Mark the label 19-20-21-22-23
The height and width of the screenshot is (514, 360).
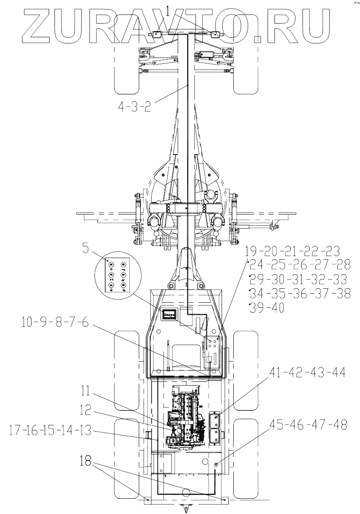(292, 251)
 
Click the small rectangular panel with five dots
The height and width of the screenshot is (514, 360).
(169, 315)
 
